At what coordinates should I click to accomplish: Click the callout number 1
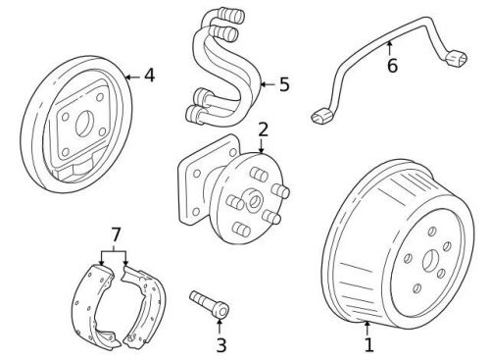tap(368, 344)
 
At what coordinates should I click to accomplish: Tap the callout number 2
tap(263, 129)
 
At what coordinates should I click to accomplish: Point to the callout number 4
tap(149, 74)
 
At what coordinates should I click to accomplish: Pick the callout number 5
tap(284, 84)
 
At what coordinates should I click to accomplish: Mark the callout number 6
tap(391, 67)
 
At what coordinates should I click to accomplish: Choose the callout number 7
tap(115, 234)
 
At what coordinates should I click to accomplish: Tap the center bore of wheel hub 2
tap(253, 202)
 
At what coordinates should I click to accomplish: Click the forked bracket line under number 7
tap(115, 252)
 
